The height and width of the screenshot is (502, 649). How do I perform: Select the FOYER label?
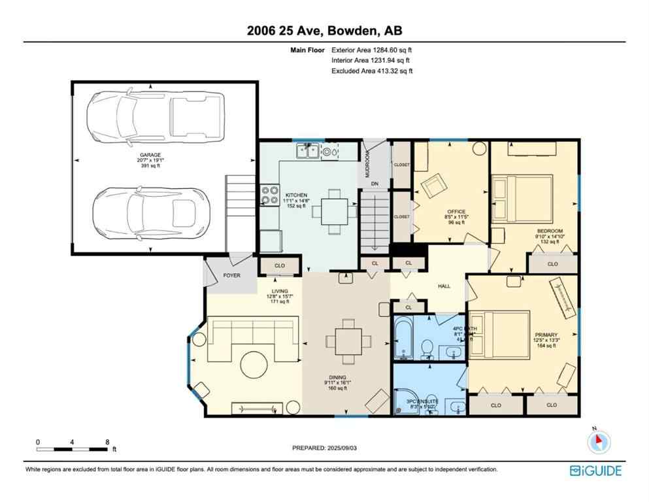pos(232,275)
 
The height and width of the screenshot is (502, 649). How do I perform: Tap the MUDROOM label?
pos(367,163)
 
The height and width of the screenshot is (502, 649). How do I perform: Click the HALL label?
pos(444,286)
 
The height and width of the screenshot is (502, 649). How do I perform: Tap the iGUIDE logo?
pos(595,470)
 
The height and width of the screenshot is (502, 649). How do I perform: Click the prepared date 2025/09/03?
pos(325,448)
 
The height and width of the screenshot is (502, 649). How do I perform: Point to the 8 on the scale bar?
pos(107,442)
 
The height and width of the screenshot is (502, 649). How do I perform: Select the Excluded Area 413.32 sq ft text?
pos(372,71)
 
